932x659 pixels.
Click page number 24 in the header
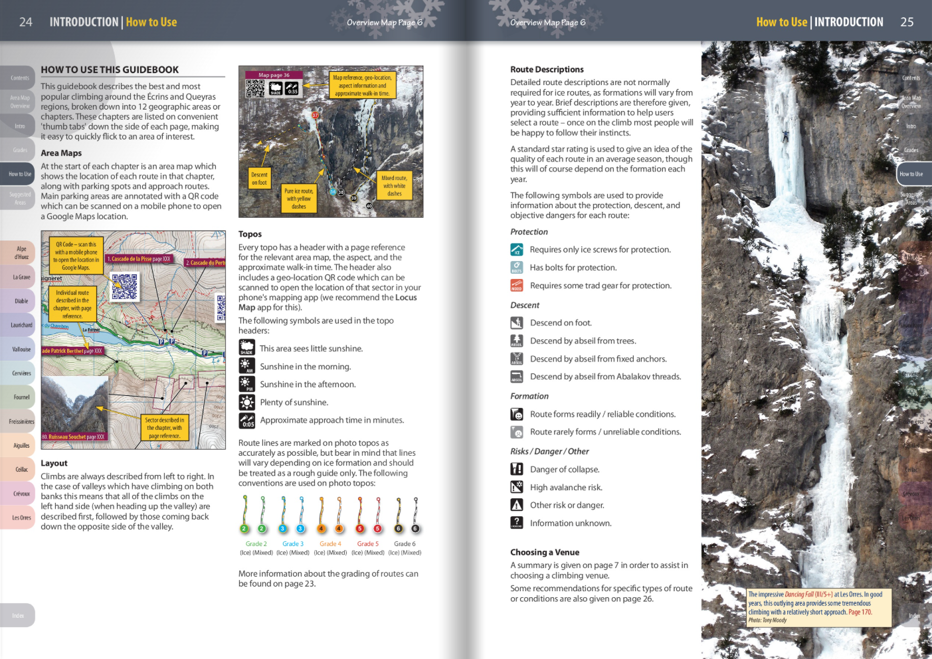(26, 22)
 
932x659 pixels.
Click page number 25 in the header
(907, 22)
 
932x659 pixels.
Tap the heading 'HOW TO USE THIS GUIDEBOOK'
(110, 70)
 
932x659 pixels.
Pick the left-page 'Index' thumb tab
(18, 616)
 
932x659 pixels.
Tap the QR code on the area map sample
(124, 286)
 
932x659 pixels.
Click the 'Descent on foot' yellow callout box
(259, 179)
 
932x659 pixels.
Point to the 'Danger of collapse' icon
(517, 469)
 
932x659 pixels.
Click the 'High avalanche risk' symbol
(517, 487)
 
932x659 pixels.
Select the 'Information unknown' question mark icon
(517, 523)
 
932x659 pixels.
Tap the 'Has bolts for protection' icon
(517, 267)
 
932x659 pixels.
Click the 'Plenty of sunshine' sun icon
(246, 402)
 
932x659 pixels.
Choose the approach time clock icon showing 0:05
(246, 421)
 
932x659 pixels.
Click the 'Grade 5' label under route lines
(367, 544)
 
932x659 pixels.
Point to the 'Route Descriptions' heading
(547, 69)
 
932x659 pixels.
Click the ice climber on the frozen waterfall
(785, 136)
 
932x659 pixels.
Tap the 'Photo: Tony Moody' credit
(767, 620)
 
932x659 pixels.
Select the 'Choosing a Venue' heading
(545, 552)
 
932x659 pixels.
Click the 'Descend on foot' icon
(517, 323)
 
